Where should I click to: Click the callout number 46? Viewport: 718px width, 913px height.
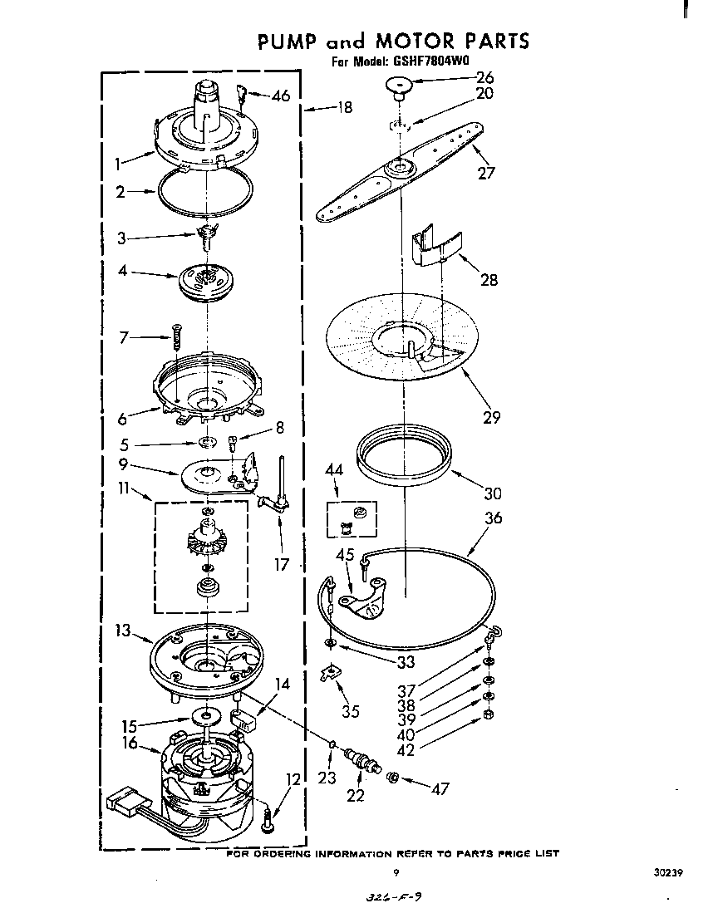tap(280, 96)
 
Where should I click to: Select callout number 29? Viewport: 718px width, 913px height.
tap(492, 416)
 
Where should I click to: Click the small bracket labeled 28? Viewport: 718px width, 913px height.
tap(438, 247)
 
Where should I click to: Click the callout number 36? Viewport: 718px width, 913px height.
tap(493, 518)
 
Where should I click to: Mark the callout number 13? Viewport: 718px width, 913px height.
tap(122, 632)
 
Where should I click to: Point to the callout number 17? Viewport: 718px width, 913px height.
tap(282, 565)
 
